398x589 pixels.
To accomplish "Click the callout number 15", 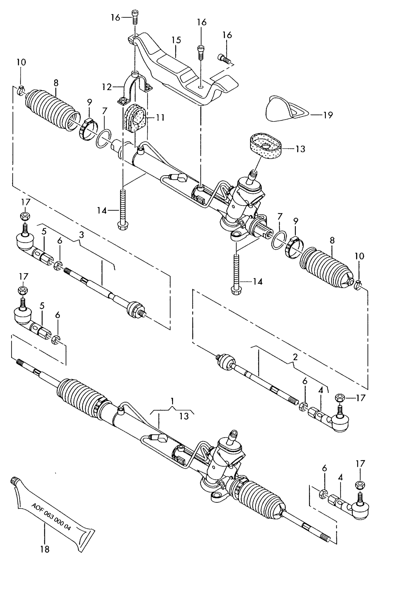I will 176,40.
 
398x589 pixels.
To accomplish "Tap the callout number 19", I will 328,115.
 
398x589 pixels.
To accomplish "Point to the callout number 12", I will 107,87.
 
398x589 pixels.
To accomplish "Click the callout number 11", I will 160,118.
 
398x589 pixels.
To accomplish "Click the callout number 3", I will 81,235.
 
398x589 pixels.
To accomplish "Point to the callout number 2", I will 295,357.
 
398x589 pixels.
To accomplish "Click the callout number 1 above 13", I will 172,401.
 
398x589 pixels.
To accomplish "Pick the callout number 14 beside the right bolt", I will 258,282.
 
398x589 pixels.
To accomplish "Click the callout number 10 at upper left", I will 21,62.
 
